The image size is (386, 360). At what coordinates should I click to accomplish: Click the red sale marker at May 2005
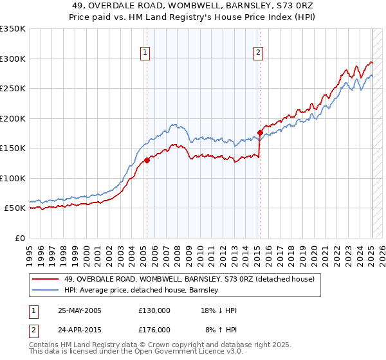pyautogui.click(x=147, y=161)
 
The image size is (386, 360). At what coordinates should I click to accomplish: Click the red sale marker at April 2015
pyautogui.click(x=260, y=133)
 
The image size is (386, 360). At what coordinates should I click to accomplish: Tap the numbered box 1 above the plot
pyautogui.click(x=145, y=53)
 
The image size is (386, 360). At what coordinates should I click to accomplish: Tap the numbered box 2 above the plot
pyautogui.click(x=259, y=53)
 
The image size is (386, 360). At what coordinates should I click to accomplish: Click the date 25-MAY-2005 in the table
pyautogui.click(x=79, y=310)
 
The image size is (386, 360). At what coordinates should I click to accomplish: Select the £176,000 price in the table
pyautogui.click(x=154, y=330)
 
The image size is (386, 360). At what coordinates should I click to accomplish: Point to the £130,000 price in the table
pyautogui.click(x=154, y=310)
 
